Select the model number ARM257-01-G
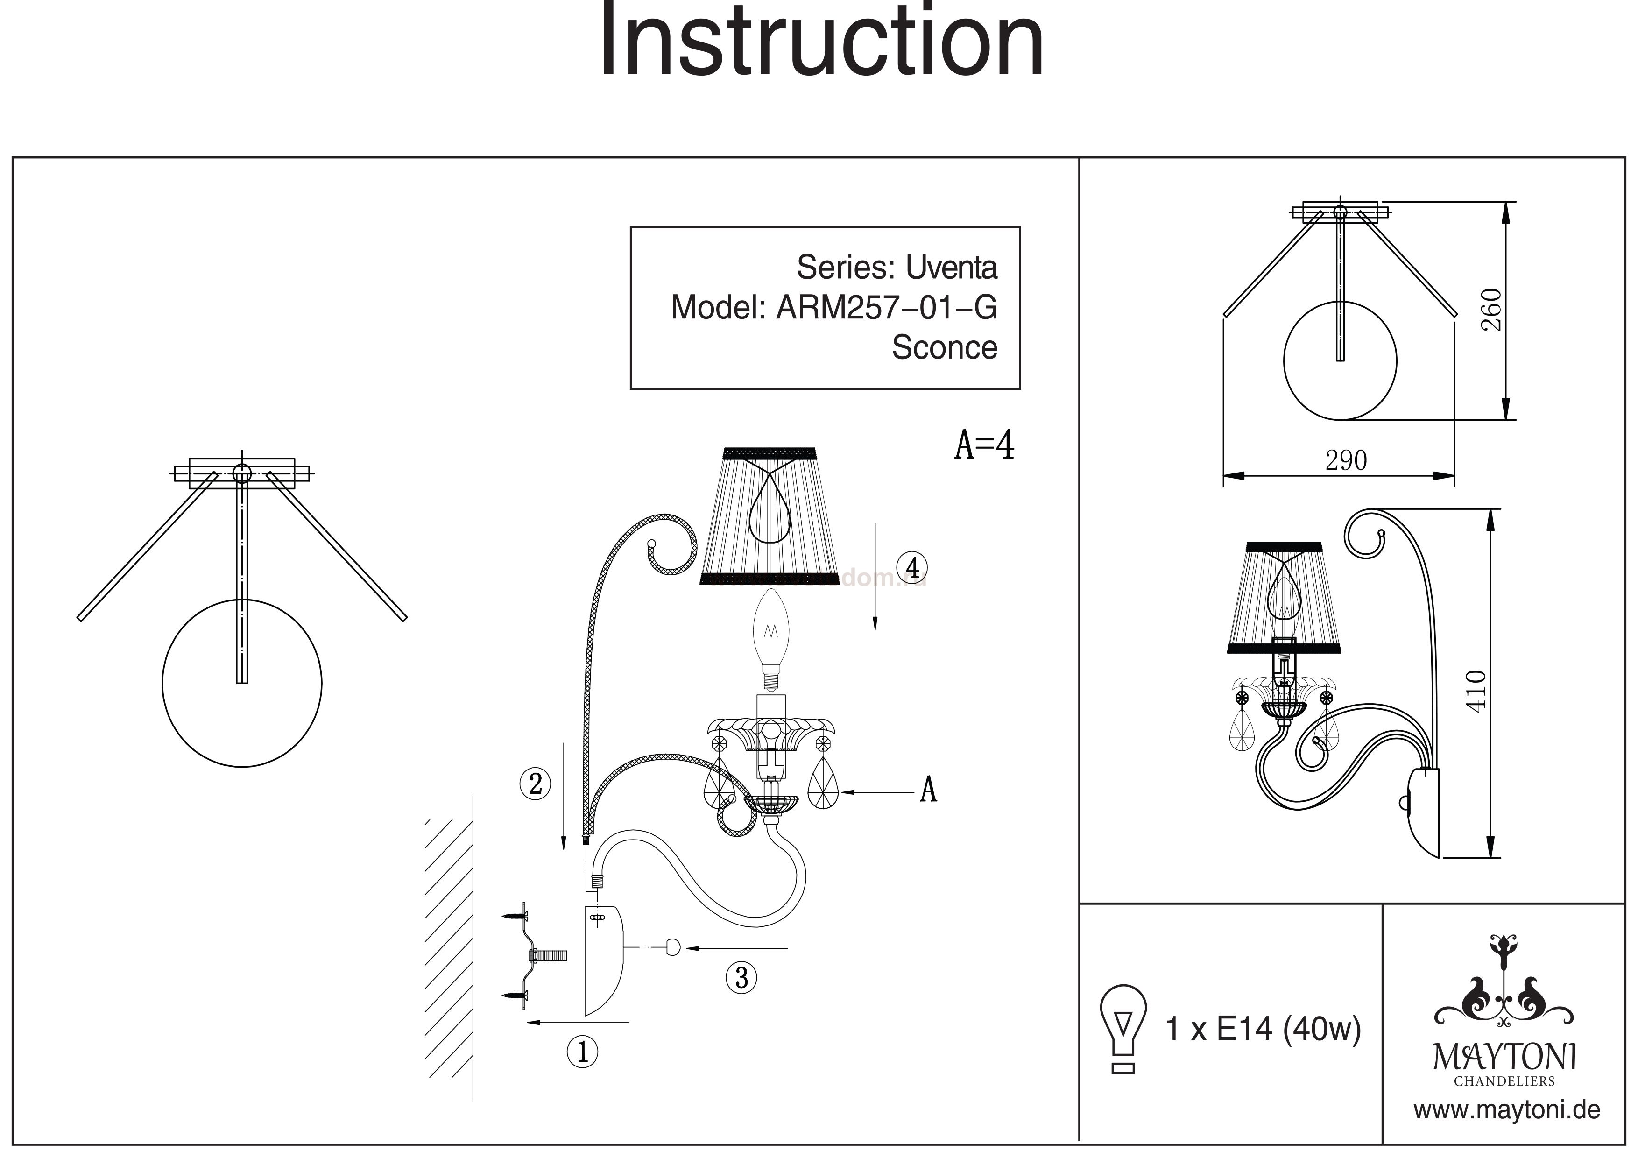coord(886,308)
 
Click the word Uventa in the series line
coord(951,268)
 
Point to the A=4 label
coord(984,445)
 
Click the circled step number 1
coord(582,1052)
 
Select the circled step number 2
coord(535,784)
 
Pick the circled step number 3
coord(741,977)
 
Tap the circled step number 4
coord(912,567)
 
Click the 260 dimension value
coord(1491,309)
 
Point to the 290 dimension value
coord(1346,461)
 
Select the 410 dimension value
coord(1476,690)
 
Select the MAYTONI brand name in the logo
coord(1504,1057)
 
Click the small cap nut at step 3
coord(672,947)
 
